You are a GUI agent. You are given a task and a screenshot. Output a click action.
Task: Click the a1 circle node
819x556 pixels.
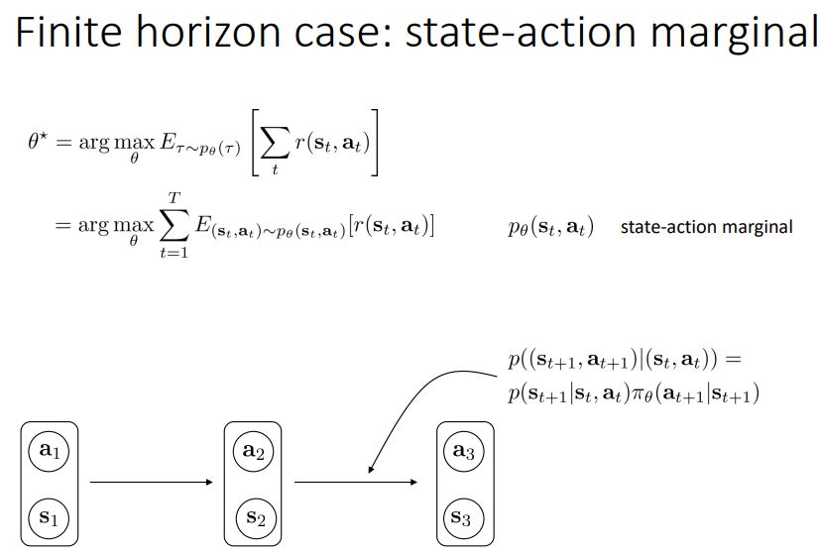click(x=48, y=451)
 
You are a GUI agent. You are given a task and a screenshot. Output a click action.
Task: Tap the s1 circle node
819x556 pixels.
click(x=48, y=516)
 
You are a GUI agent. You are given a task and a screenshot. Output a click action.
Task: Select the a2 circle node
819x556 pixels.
click(x=253, y=451)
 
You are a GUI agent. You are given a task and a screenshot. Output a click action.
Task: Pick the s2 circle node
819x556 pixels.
click(x=253, y=516)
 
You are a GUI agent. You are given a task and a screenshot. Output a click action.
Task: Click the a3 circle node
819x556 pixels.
click(x=463, y=451)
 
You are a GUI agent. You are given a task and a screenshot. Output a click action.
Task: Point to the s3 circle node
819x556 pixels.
click(x=463, y=516)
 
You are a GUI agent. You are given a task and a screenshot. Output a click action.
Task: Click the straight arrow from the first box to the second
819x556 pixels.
click(x=151, y=483)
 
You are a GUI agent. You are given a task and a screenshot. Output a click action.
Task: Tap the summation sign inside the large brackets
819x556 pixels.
click(x=276, y=145)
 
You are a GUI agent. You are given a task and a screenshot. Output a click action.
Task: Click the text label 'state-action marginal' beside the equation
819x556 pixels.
click(x=706, y=227)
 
